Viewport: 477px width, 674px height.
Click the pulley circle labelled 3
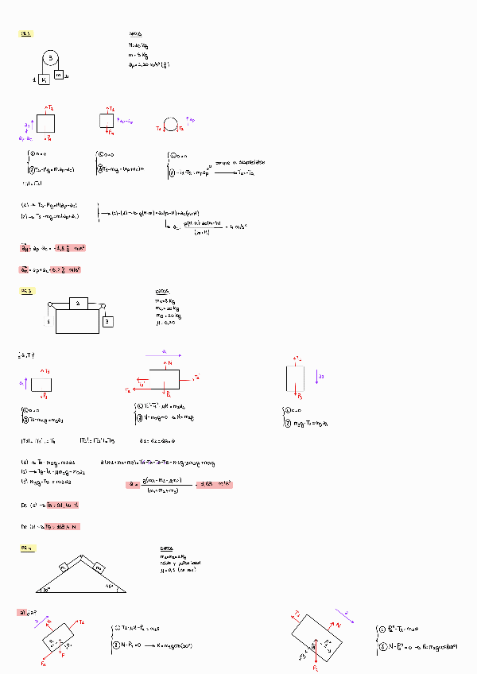[51, 59]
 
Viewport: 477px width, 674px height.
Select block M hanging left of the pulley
[44, 79]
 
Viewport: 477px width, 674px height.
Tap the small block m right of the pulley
[59, 75]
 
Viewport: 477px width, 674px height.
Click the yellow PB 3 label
[26, 292]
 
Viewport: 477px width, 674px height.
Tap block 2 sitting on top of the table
[77, 304]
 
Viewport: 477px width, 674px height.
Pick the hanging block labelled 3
[107, 321]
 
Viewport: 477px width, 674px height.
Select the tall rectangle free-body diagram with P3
[294, 378]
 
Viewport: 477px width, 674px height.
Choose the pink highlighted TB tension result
[63, 526]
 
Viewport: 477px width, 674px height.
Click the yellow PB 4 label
[26, 548]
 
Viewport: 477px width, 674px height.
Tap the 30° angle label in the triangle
[47, 589]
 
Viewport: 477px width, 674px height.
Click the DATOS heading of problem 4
[166, 549]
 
